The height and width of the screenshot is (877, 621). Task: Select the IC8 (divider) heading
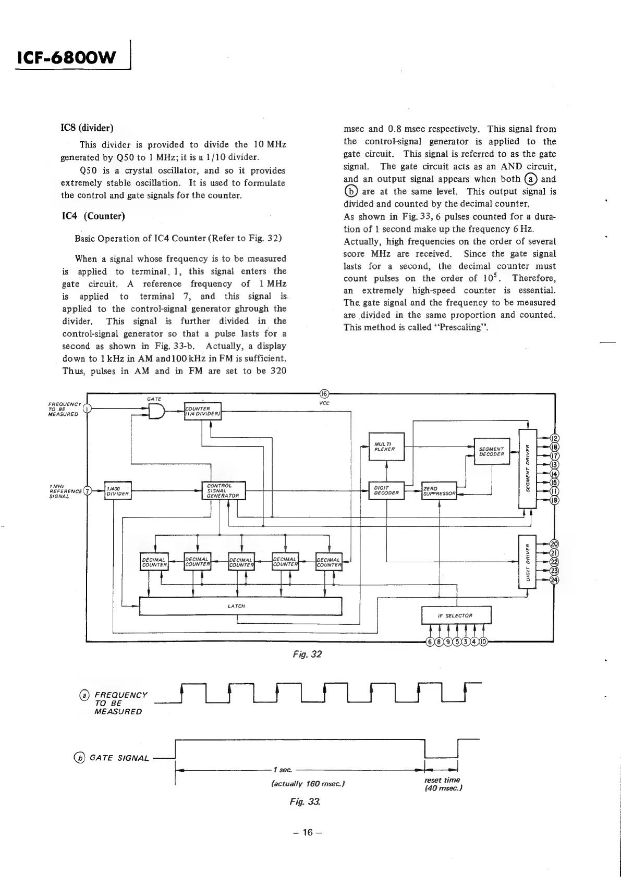pos(87,128)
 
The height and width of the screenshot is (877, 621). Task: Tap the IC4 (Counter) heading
pos(93,216)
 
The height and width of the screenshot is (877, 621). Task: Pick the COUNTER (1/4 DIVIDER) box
pos(203,411)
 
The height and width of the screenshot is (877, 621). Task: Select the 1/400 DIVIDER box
pos(117,491)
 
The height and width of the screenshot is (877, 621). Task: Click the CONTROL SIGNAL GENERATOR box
pos(223,490)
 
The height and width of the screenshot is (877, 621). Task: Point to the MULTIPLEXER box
pos(386,447)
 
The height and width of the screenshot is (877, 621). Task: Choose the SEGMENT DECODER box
pos(491,451)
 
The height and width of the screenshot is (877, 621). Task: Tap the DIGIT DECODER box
pos(386,490)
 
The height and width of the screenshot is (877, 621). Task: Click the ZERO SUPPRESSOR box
pos(439,490)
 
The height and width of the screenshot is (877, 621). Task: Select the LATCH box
pos(240,606)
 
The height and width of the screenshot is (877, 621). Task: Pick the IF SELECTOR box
pos(456,615)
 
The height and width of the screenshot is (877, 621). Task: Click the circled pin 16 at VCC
pos(323,393)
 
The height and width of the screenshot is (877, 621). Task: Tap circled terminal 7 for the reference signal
pos(88,490)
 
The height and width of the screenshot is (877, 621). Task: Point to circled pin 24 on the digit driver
pos(555,580)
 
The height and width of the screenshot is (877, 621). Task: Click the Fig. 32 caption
pos(307,654)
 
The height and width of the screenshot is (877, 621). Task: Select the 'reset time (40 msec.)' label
pos(442,784)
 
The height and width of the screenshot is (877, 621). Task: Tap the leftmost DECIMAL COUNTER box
pos(154,562)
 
